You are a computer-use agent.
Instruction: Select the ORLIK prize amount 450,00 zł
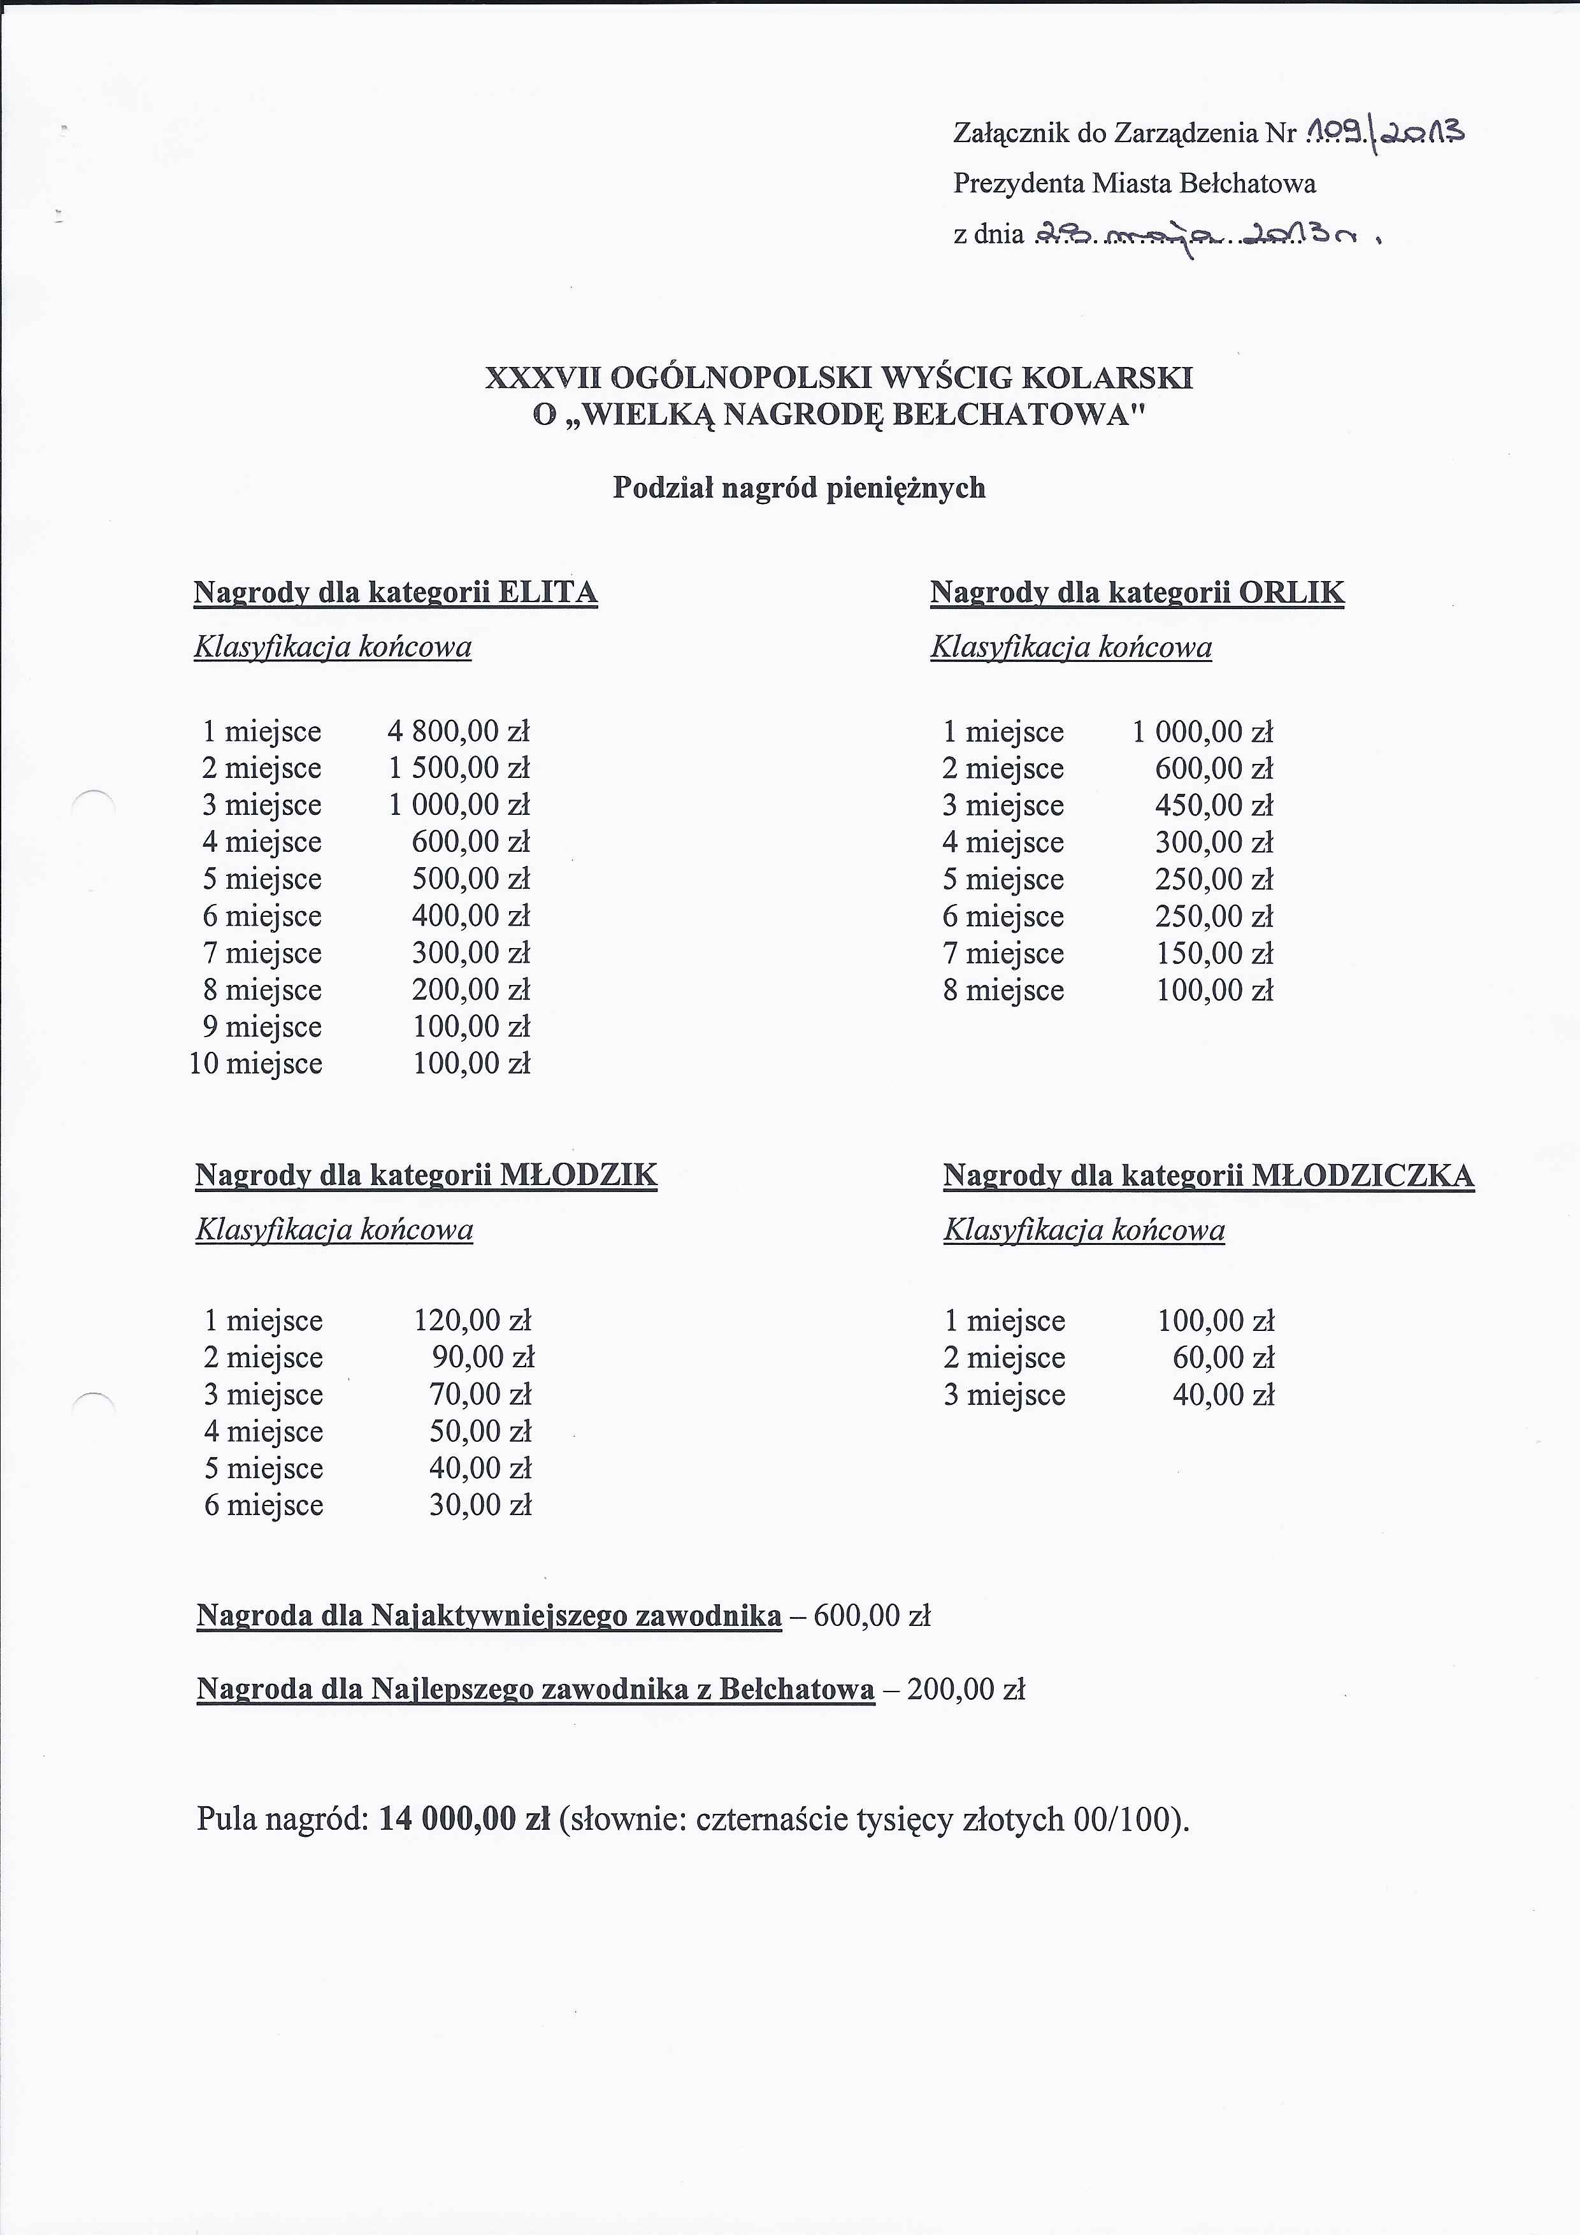[1214, 805]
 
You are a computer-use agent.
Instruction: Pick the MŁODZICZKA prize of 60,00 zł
[1223, 1357]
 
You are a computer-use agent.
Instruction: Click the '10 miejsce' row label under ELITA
[255, 1063]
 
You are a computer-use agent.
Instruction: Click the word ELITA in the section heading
[547, 592]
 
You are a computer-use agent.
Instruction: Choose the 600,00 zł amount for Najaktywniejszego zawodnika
[872, 1616]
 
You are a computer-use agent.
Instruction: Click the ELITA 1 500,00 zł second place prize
[459, 768]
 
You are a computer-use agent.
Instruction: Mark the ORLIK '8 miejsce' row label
[1003, 990]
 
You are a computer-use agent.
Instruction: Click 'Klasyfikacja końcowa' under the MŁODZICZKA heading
[1084, 1230]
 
